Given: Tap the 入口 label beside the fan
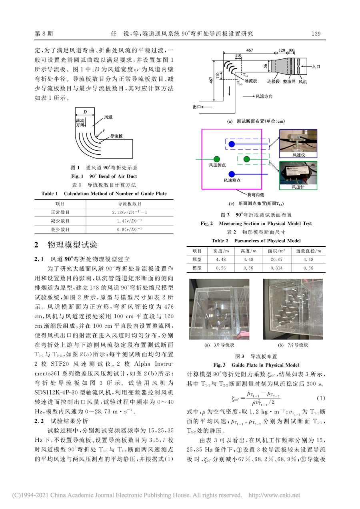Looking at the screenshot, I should (318, 68).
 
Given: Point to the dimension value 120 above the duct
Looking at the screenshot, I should (281, 51).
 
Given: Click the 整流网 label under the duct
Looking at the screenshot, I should (289, 81).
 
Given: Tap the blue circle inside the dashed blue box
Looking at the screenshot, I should (232, 144).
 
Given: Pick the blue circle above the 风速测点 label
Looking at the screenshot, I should (231, 174).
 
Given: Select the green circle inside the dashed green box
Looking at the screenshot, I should (246, 159).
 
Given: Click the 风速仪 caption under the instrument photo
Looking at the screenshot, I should (298, 155).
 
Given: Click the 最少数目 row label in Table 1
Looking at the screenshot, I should (60, 230).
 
